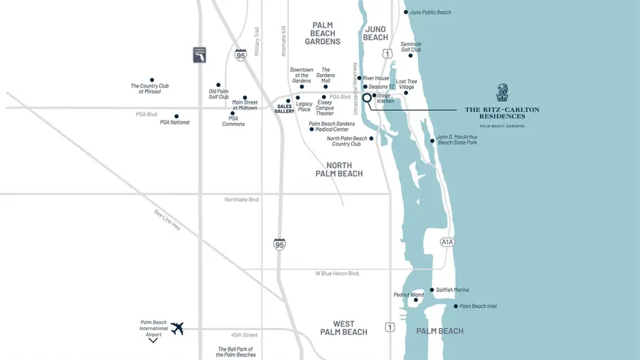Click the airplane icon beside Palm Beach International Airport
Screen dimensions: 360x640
coord(177,329)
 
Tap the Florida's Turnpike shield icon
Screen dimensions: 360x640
coord(200,55)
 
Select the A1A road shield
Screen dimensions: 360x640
coord(447,242)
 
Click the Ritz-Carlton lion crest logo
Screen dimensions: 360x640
coord(502,92)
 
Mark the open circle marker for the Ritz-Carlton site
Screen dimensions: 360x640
coord(367,98)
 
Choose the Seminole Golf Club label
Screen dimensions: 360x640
coord(411,46)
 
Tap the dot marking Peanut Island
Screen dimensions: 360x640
coord(416,300)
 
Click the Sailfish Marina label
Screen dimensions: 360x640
coord(452,290)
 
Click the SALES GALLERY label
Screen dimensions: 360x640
coord(284,108)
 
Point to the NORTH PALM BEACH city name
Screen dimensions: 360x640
coord(339,169)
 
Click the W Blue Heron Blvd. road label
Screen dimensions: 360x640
coord(338,273)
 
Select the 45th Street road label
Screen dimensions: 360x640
coord(244,335)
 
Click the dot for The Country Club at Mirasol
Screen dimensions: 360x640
coord(151,80)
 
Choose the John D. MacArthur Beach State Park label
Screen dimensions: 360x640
coord(457,139)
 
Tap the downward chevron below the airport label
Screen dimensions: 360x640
coord(153,341)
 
